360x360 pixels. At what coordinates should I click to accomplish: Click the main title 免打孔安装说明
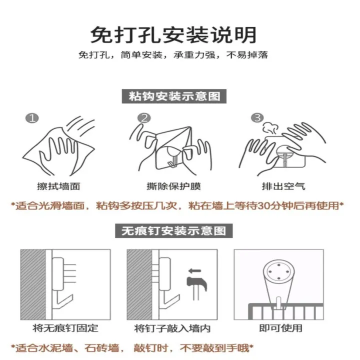[173, 35]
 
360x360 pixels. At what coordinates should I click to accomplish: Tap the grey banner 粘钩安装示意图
[174, 96]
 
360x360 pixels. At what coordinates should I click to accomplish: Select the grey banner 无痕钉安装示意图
[174, 230]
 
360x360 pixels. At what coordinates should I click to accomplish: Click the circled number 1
[32, 118]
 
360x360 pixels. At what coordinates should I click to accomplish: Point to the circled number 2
[144, 118]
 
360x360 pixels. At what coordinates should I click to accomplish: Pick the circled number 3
[257, 118]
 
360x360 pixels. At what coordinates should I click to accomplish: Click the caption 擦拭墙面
[58, 186]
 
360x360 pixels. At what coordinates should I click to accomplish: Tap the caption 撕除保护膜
[173, 186]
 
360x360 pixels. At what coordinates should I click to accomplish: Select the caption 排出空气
[283, 186]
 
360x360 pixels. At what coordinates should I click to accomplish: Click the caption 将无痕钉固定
[65, 328]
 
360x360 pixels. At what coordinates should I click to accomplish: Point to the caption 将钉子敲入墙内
[172, 328]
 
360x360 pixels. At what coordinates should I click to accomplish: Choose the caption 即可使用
[280, 328]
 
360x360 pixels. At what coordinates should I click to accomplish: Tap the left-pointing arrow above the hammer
[194, 271]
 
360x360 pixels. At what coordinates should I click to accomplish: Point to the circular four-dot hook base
[278, 271]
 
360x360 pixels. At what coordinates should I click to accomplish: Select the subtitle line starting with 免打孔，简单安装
[173, 55]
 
